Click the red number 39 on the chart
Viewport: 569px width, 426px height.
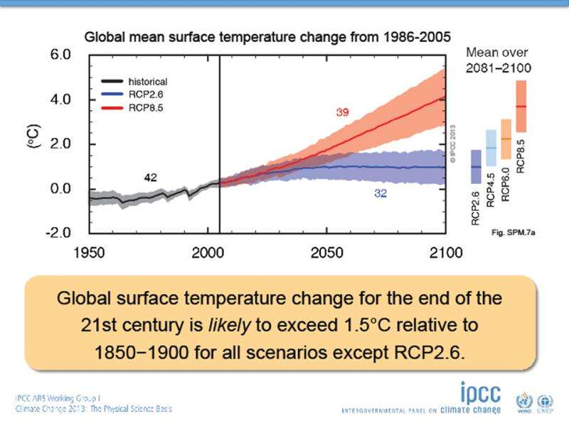point(342,113)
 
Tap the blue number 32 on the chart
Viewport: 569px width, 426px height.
point(381,193)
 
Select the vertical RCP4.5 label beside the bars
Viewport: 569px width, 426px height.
point(491,186)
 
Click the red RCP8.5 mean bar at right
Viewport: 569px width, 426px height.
point(521,106)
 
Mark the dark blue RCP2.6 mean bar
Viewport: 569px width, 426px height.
point(476,167)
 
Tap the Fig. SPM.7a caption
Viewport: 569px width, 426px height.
point(511,232)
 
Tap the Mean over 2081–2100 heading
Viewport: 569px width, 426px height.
point(499,60)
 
